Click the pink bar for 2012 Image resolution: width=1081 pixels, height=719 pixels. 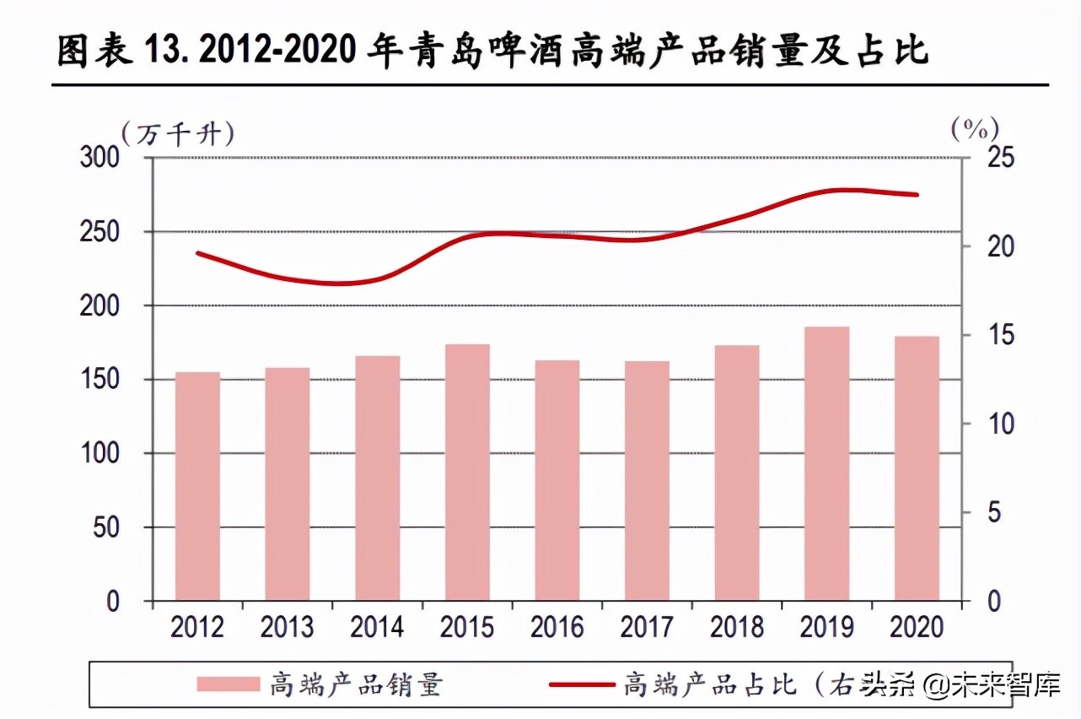coord(197,486)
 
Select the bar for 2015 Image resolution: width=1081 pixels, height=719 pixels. coord(467,473)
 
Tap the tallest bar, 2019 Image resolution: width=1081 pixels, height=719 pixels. coord(826,463)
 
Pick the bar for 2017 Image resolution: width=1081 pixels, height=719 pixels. coord(647,481)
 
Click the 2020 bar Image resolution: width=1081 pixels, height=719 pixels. coord(917,468)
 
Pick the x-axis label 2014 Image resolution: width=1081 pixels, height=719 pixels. coord(377,627)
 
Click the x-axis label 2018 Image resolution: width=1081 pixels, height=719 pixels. coord(736,627)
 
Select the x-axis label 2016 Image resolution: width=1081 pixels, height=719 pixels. coord(557,627)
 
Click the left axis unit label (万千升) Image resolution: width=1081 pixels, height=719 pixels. coord(178,134)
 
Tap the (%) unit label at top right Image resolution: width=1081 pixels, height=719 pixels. coord(975,129)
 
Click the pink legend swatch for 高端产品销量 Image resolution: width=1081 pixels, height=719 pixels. coord(228,684)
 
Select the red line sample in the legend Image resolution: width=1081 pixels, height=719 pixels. coord(582,684)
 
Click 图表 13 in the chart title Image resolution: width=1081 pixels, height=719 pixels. coord(115,53)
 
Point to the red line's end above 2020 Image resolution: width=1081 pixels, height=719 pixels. coord(917,195)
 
